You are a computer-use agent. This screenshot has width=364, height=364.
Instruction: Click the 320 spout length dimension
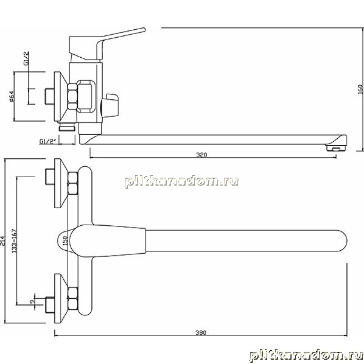pos(201,155)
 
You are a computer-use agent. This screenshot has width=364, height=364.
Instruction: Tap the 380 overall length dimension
pos(201,333)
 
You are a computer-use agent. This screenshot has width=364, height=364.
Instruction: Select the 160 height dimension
pos(360,89)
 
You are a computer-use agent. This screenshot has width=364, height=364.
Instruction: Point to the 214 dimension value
pos(2,241)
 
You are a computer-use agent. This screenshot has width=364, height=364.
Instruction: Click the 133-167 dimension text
pos(15,241)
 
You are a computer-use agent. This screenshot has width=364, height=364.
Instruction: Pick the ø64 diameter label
pos(12,97)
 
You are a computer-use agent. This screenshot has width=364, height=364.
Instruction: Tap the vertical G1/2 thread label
pos(27,58)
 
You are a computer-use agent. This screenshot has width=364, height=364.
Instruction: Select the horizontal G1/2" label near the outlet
pos(48,141)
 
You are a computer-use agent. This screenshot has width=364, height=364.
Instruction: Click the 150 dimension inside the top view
pos(66,241)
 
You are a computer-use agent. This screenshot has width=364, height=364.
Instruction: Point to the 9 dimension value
pos(32,301)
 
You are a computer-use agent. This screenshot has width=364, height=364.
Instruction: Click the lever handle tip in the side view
pos(144,30)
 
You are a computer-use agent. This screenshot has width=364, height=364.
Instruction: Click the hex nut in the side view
pos(72,97)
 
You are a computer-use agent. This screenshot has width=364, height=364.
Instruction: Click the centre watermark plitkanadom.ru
pos(181,181)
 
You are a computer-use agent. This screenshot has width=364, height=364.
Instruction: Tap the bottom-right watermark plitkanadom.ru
pos(306,355)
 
